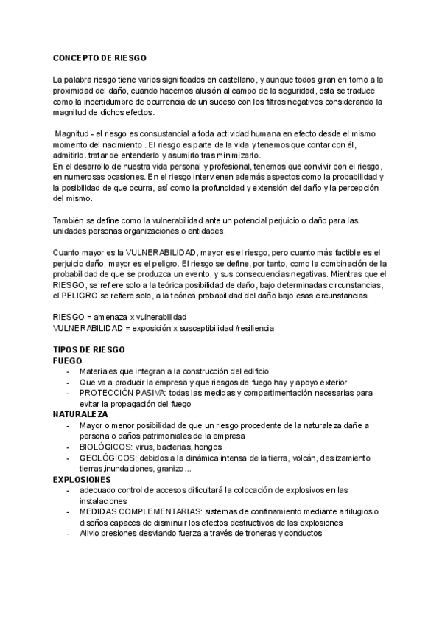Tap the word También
72,220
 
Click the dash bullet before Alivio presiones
68,533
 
